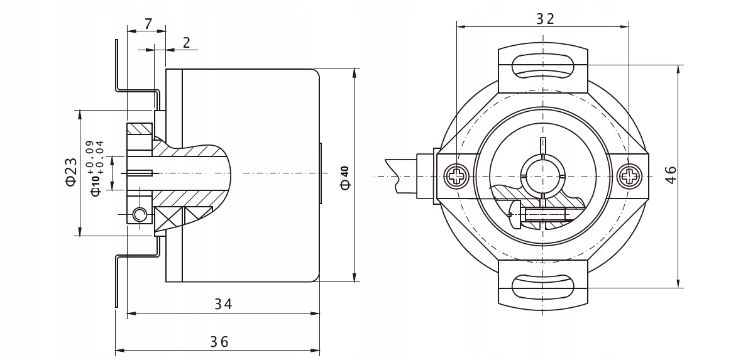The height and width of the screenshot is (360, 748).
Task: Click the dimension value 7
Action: pyautogui.click(x=148, y=25)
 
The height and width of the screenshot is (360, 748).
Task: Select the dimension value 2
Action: pyautogui.click(x=187, y=43)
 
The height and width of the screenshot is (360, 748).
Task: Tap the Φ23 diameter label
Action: pyautogui.click(x=70, y=172)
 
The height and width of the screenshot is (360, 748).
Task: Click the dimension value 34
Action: pyautogui.click(x=223, y=304)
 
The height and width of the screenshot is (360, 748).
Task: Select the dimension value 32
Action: pyautogui.click(x=545, y=19)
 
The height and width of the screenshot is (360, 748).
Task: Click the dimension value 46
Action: pyautogui.click(x=670, y=175)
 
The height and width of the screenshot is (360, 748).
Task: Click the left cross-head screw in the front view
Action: pyautogui.click(x=455, y=176)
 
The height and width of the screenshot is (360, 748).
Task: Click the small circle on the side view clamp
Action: pyautogui.click(x=140, y=216)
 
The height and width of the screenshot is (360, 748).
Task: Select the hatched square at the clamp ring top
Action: pyautogui.click(x=140, y=129)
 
